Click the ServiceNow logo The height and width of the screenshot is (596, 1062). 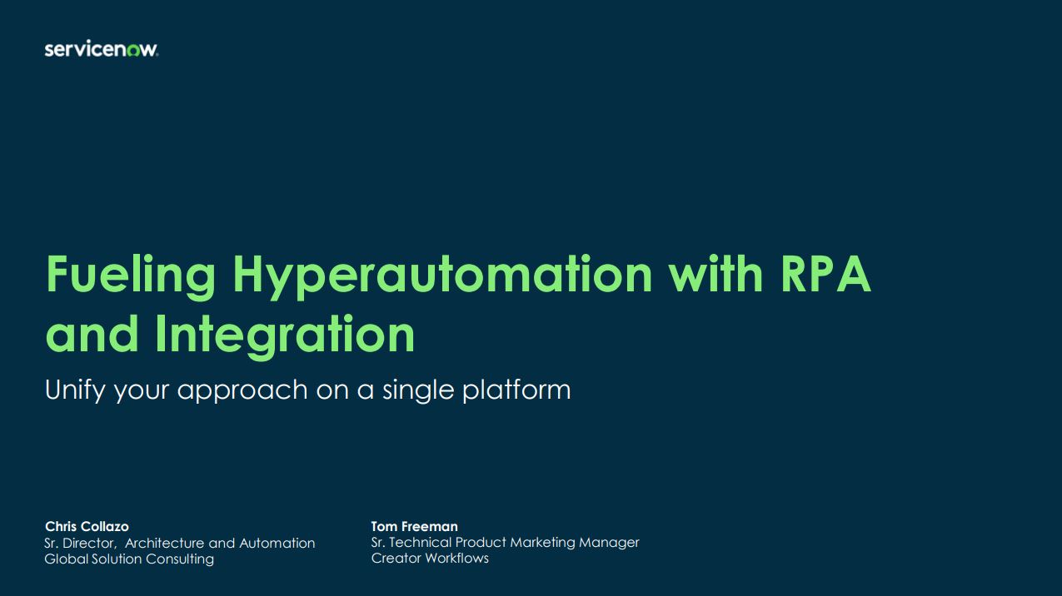click(x=102, y=49)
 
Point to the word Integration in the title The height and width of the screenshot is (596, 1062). click(x=285, y=334)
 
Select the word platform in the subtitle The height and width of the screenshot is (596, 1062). click(x=516, y=390)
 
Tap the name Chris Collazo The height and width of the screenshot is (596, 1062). click(x=87, y=526)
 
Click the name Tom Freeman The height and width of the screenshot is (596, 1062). click(x=414, y=526)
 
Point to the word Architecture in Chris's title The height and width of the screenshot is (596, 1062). click(x=165, y=543)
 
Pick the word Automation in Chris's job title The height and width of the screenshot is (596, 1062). click(x=277, y=543)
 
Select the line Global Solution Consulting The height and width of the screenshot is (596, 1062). click(x=129, y=559)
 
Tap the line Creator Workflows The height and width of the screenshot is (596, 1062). click(x=430, y=558)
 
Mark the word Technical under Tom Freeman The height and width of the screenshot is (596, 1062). click(x=420, y=542)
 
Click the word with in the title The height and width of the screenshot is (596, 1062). click(x=715, y=274)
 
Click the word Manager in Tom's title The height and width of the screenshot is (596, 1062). click(x=609, y=543)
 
